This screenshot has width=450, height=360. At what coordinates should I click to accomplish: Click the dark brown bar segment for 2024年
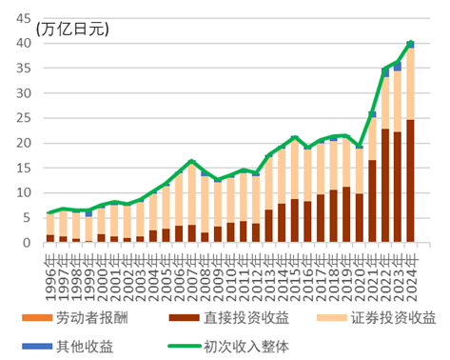410,181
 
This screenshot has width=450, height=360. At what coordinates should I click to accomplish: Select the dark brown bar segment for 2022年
384,186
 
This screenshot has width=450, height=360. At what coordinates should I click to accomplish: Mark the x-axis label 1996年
50,262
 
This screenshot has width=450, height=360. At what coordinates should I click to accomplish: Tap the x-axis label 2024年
411,262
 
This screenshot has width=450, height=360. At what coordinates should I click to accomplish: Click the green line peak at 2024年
410,43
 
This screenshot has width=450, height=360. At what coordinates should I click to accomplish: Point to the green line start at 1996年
49,212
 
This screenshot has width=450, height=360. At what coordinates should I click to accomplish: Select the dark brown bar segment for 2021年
372,201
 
